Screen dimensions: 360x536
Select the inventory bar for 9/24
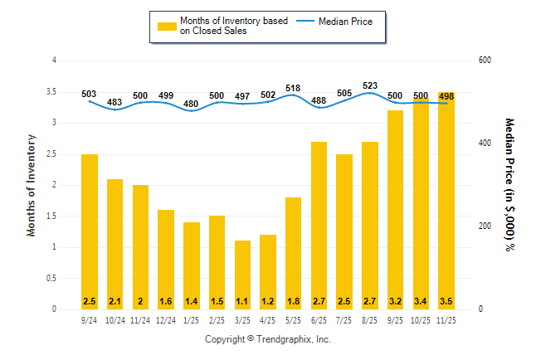tap(90, 231)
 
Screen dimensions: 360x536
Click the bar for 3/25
tap(243, 275)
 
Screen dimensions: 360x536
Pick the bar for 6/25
tap(319, 225)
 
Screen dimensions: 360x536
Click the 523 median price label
tap(371, 85)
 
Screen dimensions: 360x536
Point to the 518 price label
tap(294, 87)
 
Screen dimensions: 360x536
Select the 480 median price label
tap(192, 104)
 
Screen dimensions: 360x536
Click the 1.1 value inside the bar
tap(243, 300)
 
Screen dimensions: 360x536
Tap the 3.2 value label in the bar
tap(396, 300)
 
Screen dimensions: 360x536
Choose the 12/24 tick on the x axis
tap(166, 320)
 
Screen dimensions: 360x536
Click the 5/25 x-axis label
tap(294, 320)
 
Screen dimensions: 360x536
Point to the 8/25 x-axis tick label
tap(371, 320)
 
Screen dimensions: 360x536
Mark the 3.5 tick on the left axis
tap(53, 91)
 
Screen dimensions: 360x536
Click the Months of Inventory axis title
tap(32, 185)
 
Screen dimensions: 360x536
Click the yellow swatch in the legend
tap(167, 26)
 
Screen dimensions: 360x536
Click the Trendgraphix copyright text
tap(268, 339)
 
